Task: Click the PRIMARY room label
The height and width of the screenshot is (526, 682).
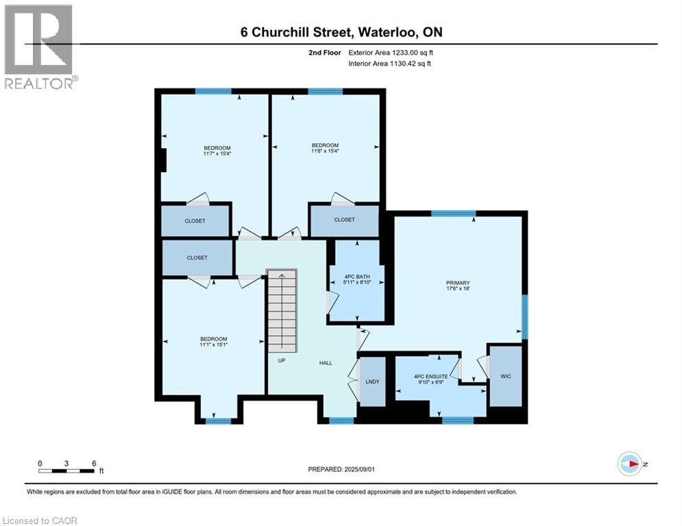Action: tap(458, 282)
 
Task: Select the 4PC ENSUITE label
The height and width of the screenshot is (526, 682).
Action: tap(430, 376)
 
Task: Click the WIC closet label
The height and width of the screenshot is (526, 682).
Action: tap(506, 376)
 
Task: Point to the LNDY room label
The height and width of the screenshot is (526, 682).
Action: tap(372, 381)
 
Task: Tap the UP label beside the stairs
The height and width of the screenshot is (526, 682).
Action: tap(281, 360)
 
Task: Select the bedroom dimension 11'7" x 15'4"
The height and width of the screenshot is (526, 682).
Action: tap(217, 154)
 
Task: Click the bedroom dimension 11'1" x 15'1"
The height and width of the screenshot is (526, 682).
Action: tap(213, 345)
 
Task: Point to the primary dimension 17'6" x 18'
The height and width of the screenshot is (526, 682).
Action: tap(458, 288)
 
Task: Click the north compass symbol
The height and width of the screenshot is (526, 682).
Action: tap(630, 464)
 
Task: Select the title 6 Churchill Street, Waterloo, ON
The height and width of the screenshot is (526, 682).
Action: tap(341, 32)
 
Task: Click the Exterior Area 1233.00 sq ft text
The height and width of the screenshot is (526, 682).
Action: tap(391, 53)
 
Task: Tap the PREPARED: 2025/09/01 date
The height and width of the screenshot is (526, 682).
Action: tap(341, 468)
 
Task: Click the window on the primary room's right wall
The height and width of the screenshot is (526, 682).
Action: tap(525, 316)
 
